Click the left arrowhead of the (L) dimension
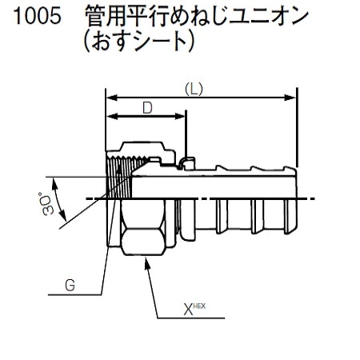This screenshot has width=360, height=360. point(111,98)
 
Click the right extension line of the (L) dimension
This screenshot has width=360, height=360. point(298,128)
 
